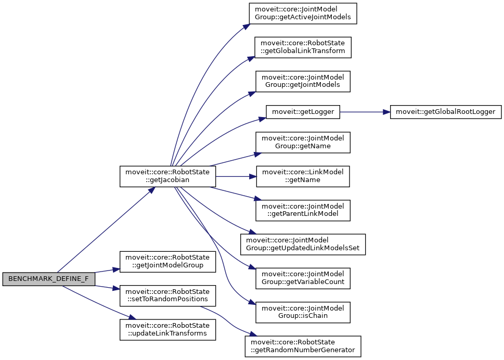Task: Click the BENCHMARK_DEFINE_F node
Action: coord(48,279)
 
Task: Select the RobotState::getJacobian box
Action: coord(167,176)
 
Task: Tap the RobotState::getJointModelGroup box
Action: coord(167,262)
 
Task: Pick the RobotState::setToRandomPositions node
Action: coord(167,295)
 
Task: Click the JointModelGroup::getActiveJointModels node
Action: coord(303,14)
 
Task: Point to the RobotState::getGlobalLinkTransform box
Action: coord(303,47)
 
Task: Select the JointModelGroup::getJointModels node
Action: coord(303,81)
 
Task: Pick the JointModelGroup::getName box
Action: coord(303,142)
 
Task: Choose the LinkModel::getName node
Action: coord(303,176)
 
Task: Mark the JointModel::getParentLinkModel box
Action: coord(303,210)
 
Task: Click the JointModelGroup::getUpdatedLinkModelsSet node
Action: coord(303,245)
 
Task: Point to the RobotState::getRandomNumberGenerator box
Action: coord(303,346)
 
